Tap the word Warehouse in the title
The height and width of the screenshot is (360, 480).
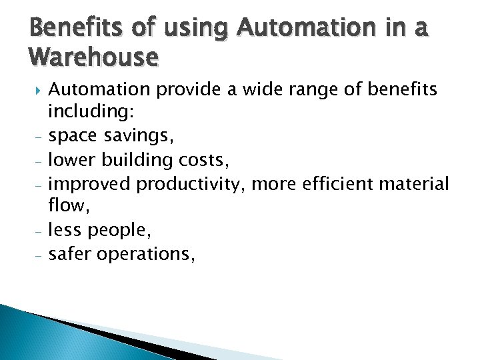[x=94, y=59]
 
